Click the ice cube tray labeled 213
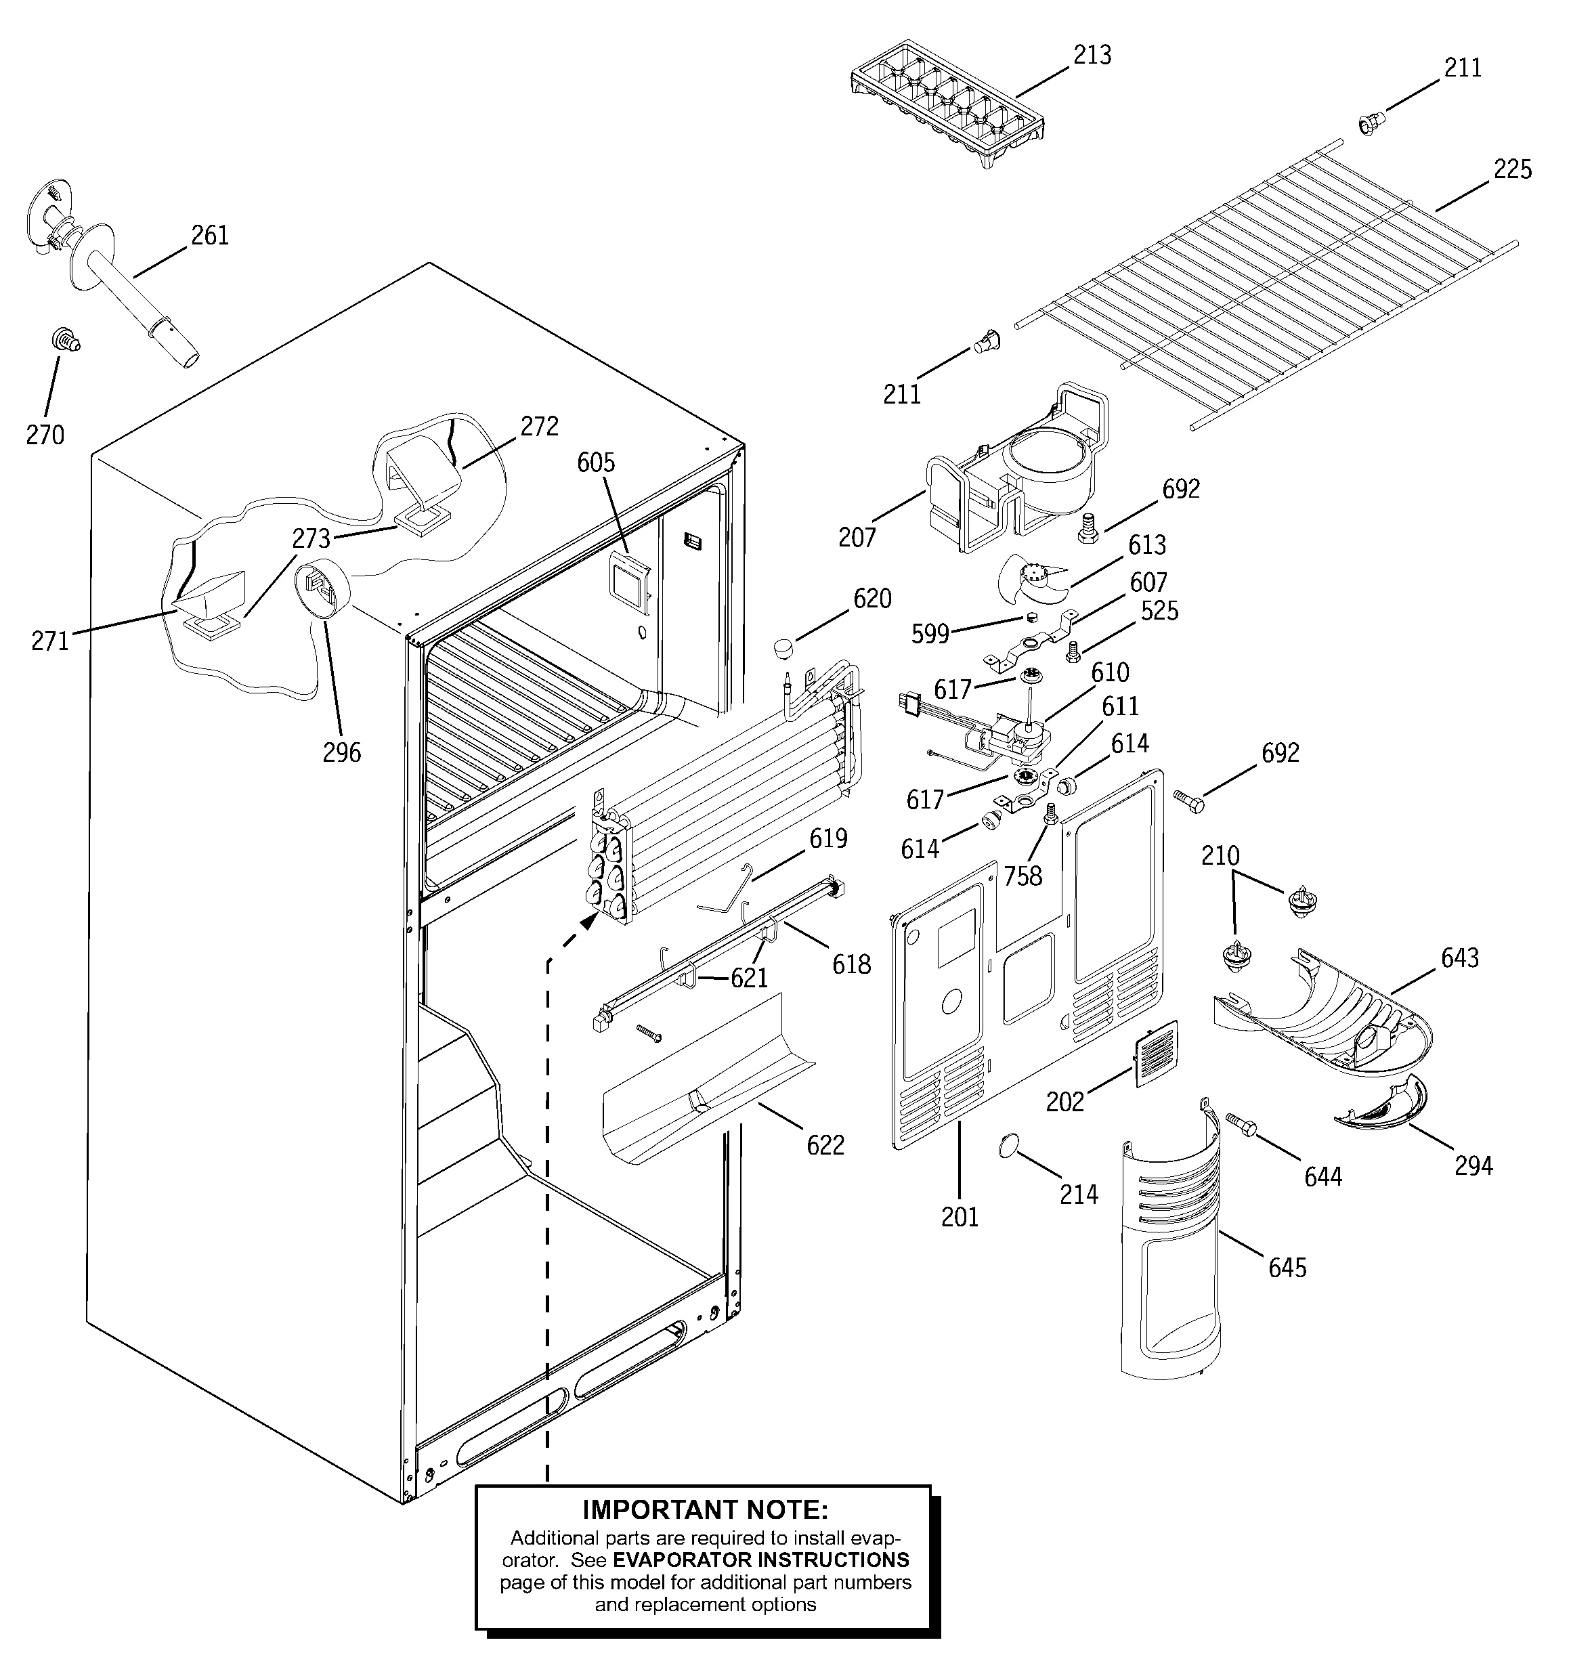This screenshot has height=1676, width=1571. [x=949, y=103]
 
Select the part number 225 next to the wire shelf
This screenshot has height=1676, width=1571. [x=1512, y=169]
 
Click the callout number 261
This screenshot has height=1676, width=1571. [x=209, y=235]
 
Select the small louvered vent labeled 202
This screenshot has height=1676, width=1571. [x=1156, y=1053]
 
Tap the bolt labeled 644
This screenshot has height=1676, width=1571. [x=1241, y=1125]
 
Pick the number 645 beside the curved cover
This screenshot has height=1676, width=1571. [x=1287, y=1267]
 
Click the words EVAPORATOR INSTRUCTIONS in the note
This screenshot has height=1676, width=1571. [x=760, y=1560]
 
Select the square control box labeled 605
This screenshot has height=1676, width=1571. [x=629, y=580]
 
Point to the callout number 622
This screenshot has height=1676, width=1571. [x=825, y=1145]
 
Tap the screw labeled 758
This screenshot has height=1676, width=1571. [x=1051, y=813]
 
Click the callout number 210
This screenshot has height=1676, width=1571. [x=1220, y=856]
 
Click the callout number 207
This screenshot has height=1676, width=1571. [x=857, y=537]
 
